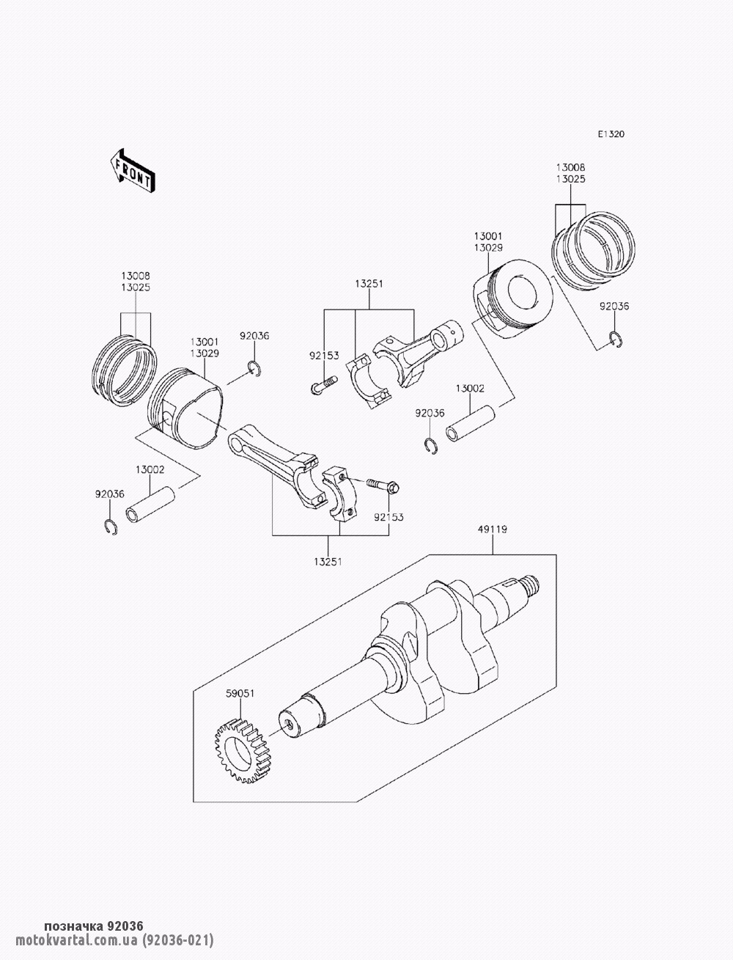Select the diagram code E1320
click(611, 134)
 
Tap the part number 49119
click(493, 529)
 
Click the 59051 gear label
click(239, 693)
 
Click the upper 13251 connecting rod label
click(369, 283)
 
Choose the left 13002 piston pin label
click(149, 469)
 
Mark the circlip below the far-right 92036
click(616, 339)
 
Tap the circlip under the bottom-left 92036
click(110, 526)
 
